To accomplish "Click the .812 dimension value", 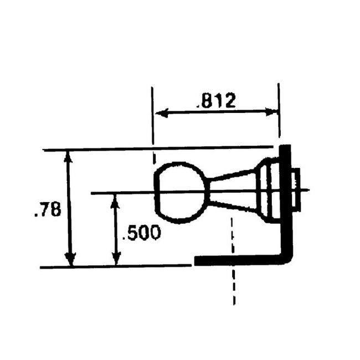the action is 216,101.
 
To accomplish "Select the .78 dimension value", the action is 48,209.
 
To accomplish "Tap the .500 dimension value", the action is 142,233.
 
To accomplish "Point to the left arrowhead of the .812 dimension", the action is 162,113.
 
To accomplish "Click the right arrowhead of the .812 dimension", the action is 271,111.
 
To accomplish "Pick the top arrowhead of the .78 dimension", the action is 68,156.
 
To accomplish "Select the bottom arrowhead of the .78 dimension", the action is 70,260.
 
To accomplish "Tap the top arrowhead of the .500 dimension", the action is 115,201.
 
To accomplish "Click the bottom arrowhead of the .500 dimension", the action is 116,258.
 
